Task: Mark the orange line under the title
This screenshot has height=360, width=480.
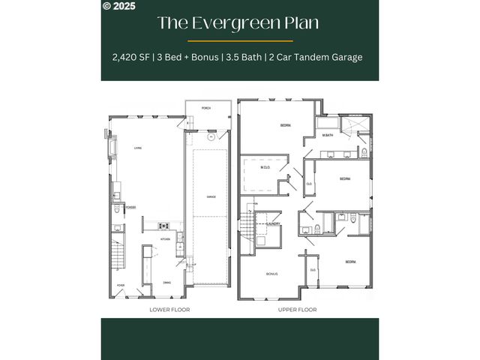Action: [240, 40]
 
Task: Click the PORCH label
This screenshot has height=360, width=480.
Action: [206, 108]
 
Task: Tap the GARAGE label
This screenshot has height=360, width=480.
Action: [211, 196]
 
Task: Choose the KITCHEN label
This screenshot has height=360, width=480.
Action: [165, 239]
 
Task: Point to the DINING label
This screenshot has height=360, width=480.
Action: [167, 283]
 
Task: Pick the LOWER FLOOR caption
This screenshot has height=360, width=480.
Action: [165, 310]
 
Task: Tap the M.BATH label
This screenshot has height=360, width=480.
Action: [328, 135]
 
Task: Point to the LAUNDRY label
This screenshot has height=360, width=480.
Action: [273, 223]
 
